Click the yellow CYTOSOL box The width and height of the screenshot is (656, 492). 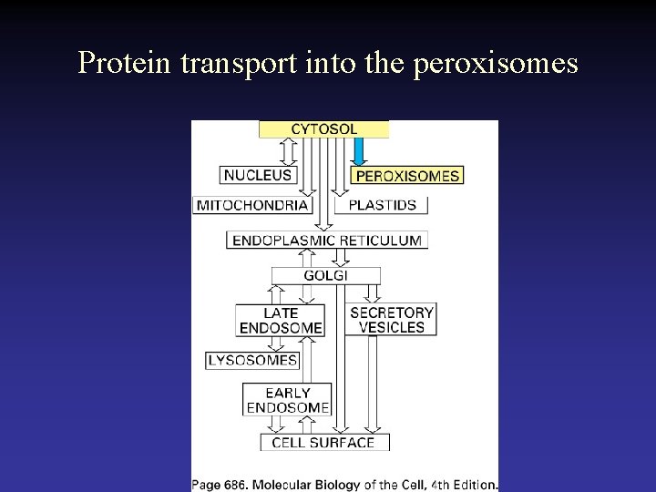(323, 129)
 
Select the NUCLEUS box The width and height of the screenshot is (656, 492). (258, 175)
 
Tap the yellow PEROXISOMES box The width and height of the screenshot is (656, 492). (407, 176)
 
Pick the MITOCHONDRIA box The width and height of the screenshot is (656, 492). (252, 205)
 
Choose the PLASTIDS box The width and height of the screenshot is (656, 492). (382, 205)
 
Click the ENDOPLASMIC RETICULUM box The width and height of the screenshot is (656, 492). (327, 241)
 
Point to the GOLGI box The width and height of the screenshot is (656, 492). (325, 275)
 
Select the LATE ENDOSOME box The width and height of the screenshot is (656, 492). (281, 320)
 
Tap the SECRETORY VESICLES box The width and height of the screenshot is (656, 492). (392, 319)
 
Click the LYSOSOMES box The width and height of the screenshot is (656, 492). (252, 360)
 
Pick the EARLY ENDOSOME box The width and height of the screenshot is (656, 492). (288, 400)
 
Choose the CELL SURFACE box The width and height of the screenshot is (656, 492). (324, 443)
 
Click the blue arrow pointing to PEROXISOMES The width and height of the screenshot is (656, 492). (359, 151)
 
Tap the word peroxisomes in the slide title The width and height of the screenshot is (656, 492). (496, 63)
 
